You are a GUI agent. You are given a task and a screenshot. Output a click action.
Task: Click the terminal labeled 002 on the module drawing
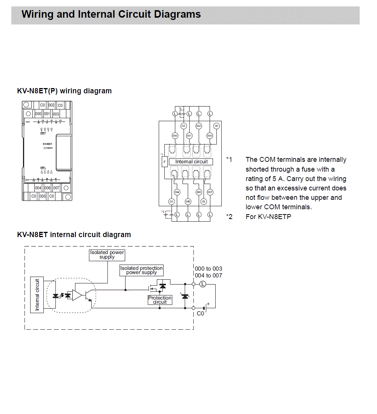(x=51, y=105)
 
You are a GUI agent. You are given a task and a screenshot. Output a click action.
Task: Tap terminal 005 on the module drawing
(x=43, y=196)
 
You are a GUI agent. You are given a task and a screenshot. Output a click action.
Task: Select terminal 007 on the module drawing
(x=56, y=188)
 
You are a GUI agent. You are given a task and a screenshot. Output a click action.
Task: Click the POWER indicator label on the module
(x=49, y=148)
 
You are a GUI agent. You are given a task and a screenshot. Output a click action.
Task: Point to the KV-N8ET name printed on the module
(x=48, y=144)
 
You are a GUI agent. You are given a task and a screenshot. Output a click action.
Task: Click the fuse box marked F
(x=164, y=162)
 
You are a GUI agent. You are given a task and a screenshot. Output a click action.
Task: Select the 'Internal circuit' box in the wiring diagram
(x=191, y=161)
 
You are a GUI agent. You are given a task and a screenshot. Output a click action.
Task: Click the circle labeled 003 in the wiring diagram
(x=210, y=135)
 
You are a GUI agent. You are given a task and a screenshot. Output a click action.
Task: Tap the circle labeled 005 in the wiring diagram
(x=188, y=201)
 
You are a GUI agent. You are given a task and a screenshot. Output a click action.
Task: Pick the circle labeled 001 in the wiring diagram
(x=189, y=135)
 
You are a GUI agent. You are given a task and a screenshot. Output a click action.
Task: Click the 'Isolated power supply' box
(x=107, y=255)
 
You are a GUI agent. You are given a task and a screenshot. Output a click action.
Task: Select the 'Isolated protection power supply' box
(x=141, y=270)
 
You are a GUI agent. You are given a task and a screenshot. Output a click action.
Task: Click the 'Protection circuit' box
(x=160, y=300)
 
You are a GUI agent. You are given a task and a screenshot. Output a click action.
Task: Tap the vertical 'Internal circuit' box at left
(x=37, y=295)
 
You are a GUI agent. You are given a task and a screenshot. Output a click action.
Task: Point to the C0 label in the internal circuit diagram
(x=200, y=313)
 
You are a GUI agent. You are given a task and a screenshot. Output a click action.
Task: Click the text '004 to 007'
(x=208, y=275)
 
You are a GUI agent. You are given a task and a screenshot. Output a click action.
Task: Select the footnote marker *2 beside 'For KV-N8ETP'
(x=229, y=217)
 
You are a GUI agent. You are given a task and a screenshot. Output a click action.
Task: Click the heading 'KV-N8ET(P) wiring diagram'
(x=64, y=91)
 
